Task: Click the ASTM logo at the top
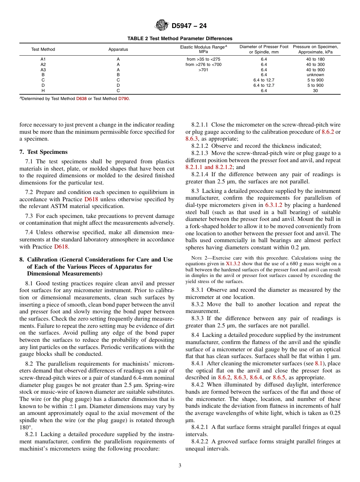point(162,26)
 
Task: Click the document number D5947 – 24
point(189,26)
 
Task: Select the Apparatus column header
point(118,49)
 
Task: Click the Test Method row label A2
point(43,64)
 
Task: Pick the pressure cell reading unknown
point(315,75)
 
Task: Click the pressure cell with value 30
point(315,91)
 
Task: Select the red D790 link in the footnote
point(123,99)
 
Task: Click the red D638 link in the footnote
point(81,99)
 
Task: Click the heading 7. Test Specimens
point(43,152)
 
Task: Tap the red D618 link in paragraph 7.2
point(91,199)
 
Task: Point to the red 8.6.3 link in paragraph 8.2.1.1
point(193,139)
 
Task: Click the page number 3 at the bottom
point(180,466)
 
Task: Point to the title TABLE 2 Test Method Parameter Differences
point(180,39)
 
